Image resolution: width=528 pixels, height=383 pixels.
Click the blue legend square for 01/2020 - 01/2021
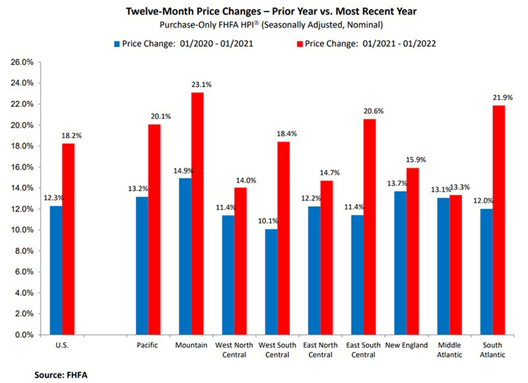117,44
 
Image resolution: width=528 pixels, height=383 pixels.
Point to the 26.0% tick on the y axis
24,63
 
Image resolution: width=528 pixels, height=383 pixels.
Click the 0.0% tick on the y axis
26,335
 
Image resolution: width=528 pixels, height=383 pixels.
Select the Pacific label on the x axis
148,345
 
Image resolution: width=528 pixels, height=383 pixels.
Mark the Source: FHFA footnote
61,374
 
